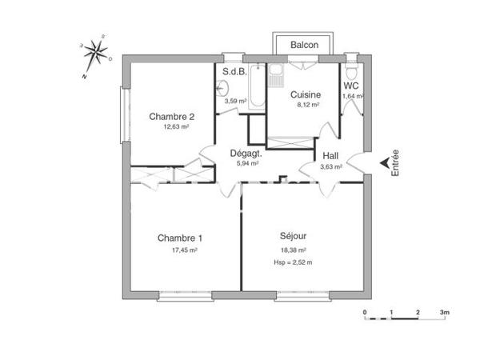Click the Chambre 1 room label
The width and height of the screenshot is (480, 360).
pyautogui.click(x=179, y=238)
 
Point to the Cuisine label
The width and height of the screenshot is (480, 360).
pyautogui.click(x=305, y=94)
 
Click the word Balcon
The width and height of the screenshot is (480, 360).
pyautogui.click(x=304, y=45)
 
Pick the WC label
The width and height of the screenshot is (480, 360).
pyautogui.click(x=350, y=86)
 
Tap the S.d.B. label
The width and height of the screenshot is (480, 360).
pyautogui.click(x=234, y=72)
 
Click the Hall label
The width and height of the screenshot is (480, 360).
pyautogui.click(x=330, y=156)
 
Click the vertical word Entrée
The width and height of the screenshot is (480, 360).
pyautogui.click(x=394, y=163)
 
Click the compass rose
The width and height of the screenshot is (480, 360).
pyautogui.click(x=98, y=54)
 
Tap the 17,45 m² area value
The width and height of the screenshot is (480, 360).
pyautogui.click(x=184, y=250)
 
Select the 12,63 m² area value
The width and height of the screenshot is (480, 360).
pyautogui.click(x=175, y=126)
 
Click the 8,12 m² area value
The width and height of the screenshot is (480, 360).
pyautogui.click(x=305, y=104)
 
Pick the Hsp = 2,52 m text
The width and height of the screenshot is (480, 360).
pyautogui.click(x=293, y=262)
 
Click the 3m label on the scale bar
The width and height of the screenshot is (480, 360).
pyautogui.click(x=444, y=311)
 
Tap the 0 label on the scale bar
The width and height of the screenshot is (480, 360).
pyautogui.click(x=365, y=311)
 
